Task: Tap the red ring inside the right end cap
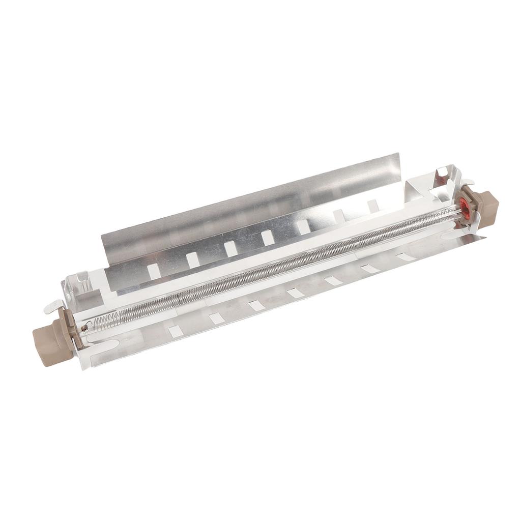(464, 206)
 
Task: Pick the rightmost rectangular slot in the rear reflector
(373, 205)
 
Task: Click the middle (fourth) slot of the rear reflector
(268, 238)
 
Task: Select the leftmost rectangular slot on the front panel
(176, 331)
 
